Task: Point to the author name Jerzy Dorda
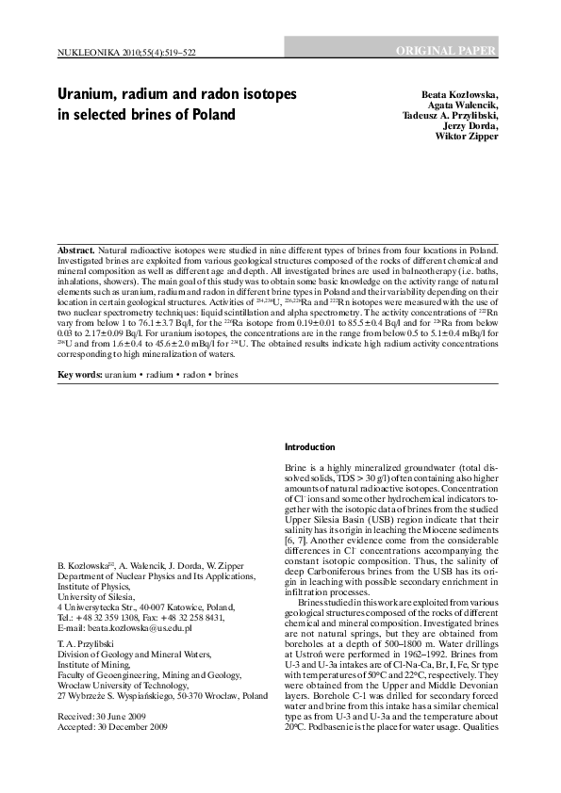469,125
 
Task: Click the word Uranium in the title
91,96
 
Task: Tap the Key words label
80,374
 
